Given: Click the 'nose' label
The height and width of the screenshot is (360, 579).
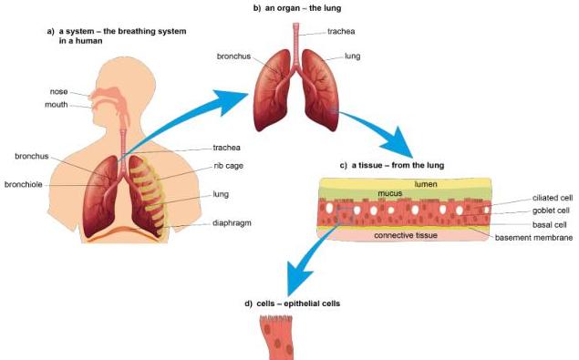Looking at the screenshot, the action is click(x=58, y=91).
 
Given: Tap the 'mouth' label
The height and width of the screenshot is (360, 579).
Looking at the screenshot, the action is click(x=57, y=105).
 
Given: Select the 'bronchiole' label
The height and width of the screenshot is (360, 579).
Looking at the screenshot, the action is click(x=24, y=184).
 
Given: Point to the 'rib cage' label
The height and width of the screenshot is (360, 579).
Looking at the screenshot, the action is click(x=228, y=166).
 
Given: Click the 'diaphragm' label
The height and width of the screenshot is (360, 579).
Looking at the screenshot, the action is click(x=232, y=223).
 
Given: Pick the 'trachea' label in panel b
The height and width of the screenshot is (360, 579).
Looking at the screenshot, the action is click(x=341, y=31).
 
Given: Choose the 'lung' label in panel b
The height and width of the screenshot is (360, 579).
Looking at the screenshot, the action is click(x=352, y=57).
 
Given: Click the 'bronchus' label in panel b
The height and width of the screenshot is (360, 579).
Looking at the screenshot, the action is click(x=233, y=57).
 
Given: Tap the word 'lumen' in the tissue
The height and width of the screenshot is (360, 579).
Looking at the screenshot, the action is click(x=426, y=184).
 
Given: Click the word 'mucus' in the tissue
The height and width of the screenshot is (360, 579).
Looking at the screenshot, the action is click(x=390, y=193).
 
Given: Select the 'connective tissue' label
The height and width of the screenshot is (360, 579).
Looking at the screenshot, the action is click(x=406, y=235).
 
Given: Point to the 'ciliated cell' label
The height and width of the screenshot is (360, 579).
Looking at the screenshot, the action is click(x=553, y=198).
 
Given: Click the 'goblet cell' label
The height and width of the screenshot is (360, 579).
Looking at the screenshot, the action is click(x=551, y=211).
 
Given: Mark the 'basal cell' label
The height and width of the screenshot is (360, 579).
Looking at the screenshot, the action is click(x=549, y=224).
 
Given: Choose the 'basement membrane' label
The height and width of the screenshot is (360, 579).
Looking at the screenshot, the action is click(x=533, y=238).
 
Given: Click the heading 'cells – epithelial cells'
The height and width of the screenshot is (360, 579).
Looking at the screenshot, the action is click(x=292, y=303).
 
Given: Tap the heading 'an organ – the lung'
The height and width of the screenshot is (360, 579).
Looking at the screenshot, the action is click(x=297, y=8).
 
